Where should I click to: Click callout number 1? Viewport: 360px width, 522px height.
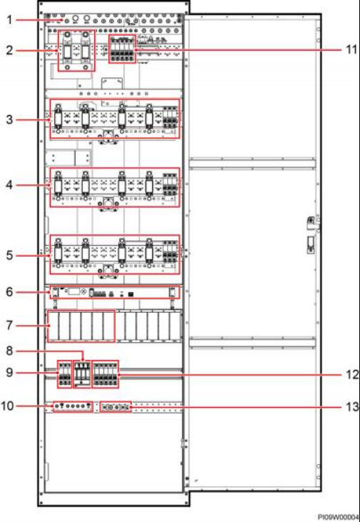point(10,20)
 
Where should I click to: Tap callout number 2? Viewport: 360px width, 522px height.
point(10,51)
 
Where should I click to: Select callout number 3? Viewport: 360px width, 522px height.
point(10,119)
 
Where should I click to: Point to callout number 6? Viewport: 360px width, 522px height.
point(10,292)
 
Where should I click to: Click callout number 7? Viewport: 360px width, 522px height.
point(10,325)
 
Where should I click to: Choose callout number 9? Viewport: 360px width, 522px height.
point(10,372)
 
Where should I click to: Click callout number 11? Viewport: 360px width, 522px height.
point(350,50)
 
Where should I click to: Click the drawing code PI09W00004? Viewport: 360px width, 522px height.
point(339,517)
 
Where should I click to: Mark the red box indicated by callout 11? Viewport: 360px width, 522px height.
point(109,49)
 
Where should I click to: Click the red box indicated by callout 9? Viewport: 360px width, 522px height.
point(58,374)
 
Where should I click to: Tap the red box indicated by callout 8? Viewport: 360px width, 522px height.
point(73,374)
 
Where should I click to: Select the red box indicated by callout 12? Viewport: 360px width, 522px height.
point(92,374)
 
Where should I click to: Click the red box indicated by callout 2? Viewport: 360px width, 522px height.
point(59,51)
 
